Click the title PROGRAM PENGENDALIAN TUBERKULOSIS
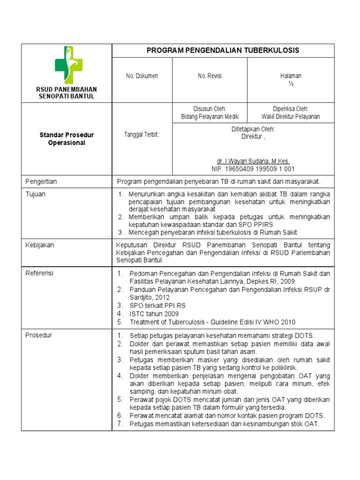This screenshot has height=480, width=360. click(x=223, y=50)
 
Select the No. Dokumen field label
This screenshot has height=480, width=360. click(x=142, y=76)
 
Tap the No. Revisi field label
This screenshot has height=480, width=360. click(x=210, y=76)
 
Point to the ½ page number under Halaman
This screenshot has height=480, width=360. click(x=290, y=84)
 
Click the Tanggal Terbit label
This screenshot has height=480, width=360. click(x=142, y=135)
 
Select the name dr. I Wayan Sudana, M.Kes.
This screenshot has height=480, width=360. click(x=253, y=161)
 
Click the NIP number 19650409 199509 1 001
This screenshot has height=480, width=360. click(x=253, y=169)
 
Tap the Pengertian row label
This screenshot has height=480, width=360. click(x=41, y=181)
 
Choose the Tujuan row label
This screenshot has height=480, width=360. click(x=35, y=194)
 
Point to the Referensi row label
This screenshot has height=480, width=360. click(x=39, y=273)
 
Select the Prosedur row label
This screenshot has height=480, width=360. click(x=38, y=335)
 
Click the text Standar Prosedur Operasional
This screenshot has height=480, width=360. click(x=67, y=139)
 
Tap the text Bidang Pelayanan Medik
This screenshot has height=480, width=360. click(x=210, y=117)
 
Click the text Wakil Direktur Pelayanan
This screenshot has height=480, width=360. click(x=290, y=117)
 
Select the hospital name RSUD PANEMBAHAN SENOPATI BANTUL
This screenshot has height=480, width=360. click(x=67, y=92)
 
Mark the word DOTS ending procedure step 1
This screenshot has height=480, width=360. click(x=305, y=336)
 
